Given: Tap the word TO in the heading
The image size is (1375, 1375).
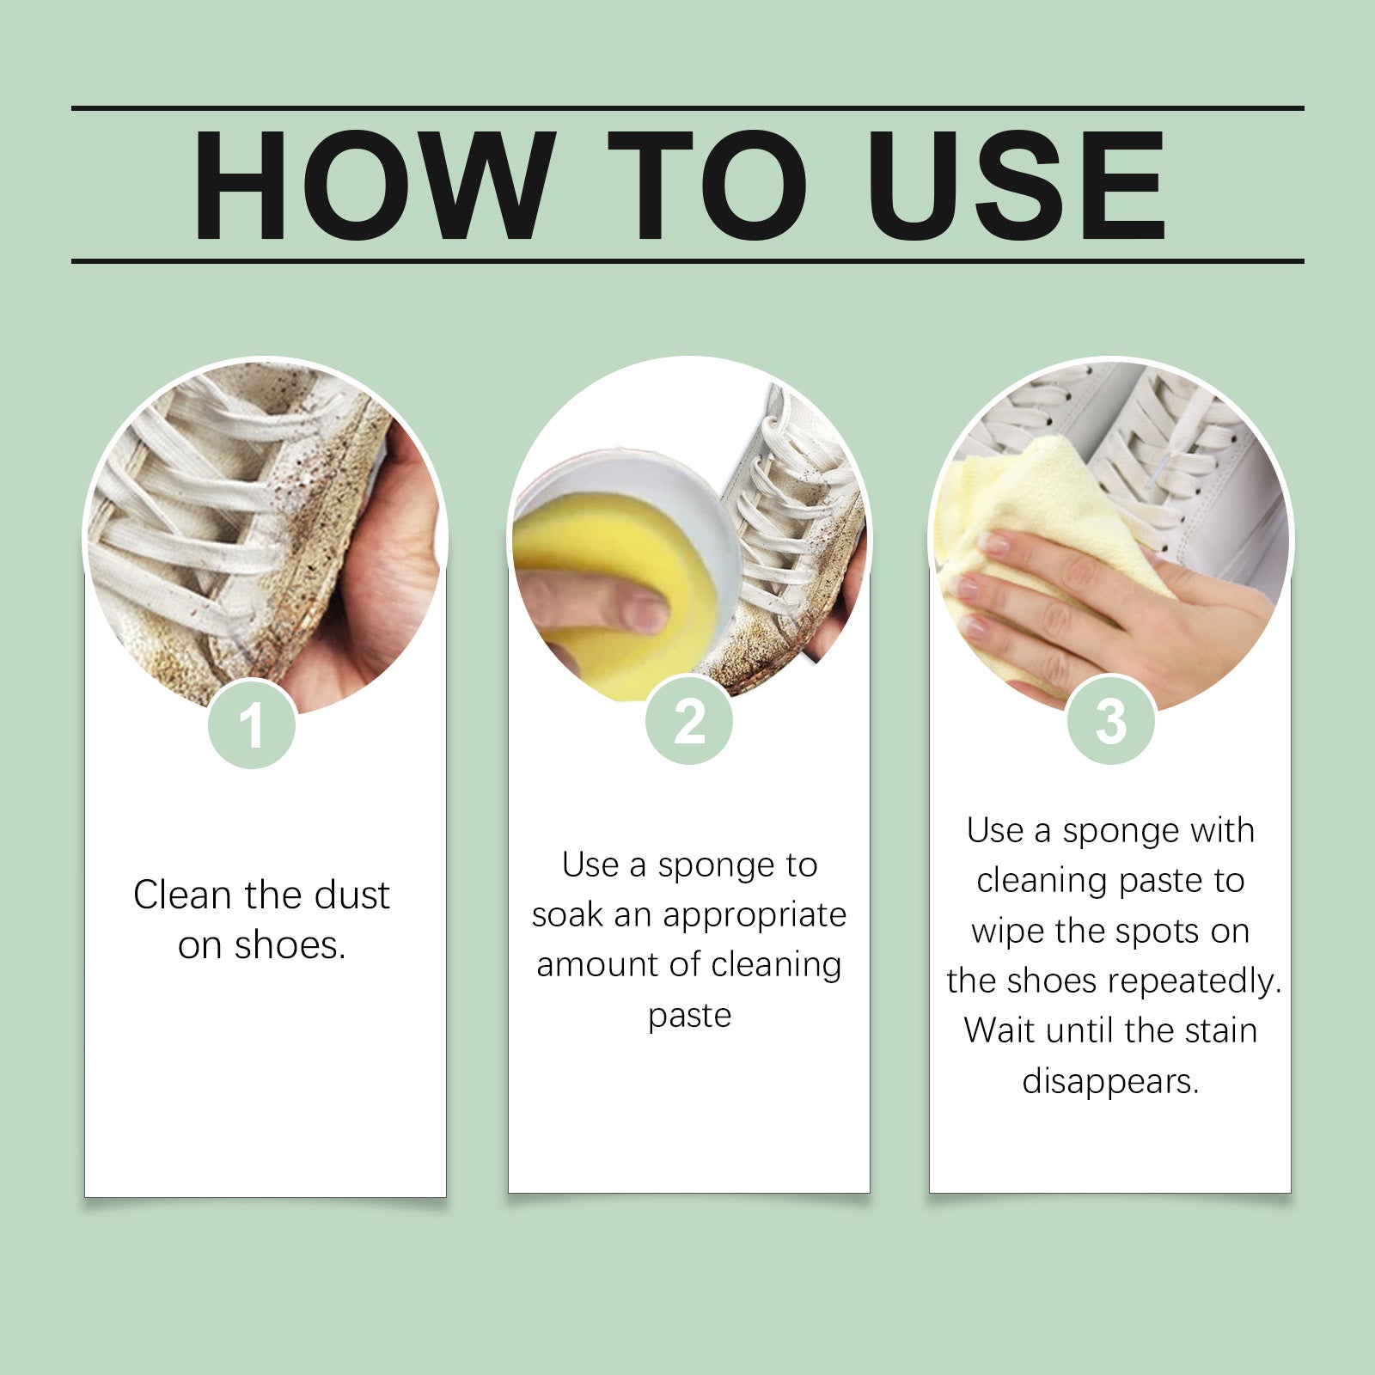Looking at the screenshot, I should tap(706, 186).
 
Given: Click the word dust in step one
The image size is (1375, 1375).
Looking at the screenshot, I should tap(351, 895).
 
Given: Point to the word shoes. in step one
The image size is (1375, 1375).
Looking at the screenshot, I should tap(290, 946).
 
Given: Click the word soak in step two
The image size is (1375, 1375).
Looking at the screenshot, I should tap(566, 915).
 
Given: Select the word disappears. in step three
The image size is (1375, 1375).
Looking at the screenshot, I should tap(1110, 1082).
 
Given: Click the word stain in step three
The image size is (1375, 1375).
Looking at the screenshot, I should tap(1220, 1030).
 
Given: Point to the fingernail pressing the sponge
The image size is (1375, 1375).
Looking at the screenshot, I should tap(646, 613).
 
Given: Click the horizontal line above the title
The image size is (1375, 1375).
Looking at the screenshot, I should tap(687, 108).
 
